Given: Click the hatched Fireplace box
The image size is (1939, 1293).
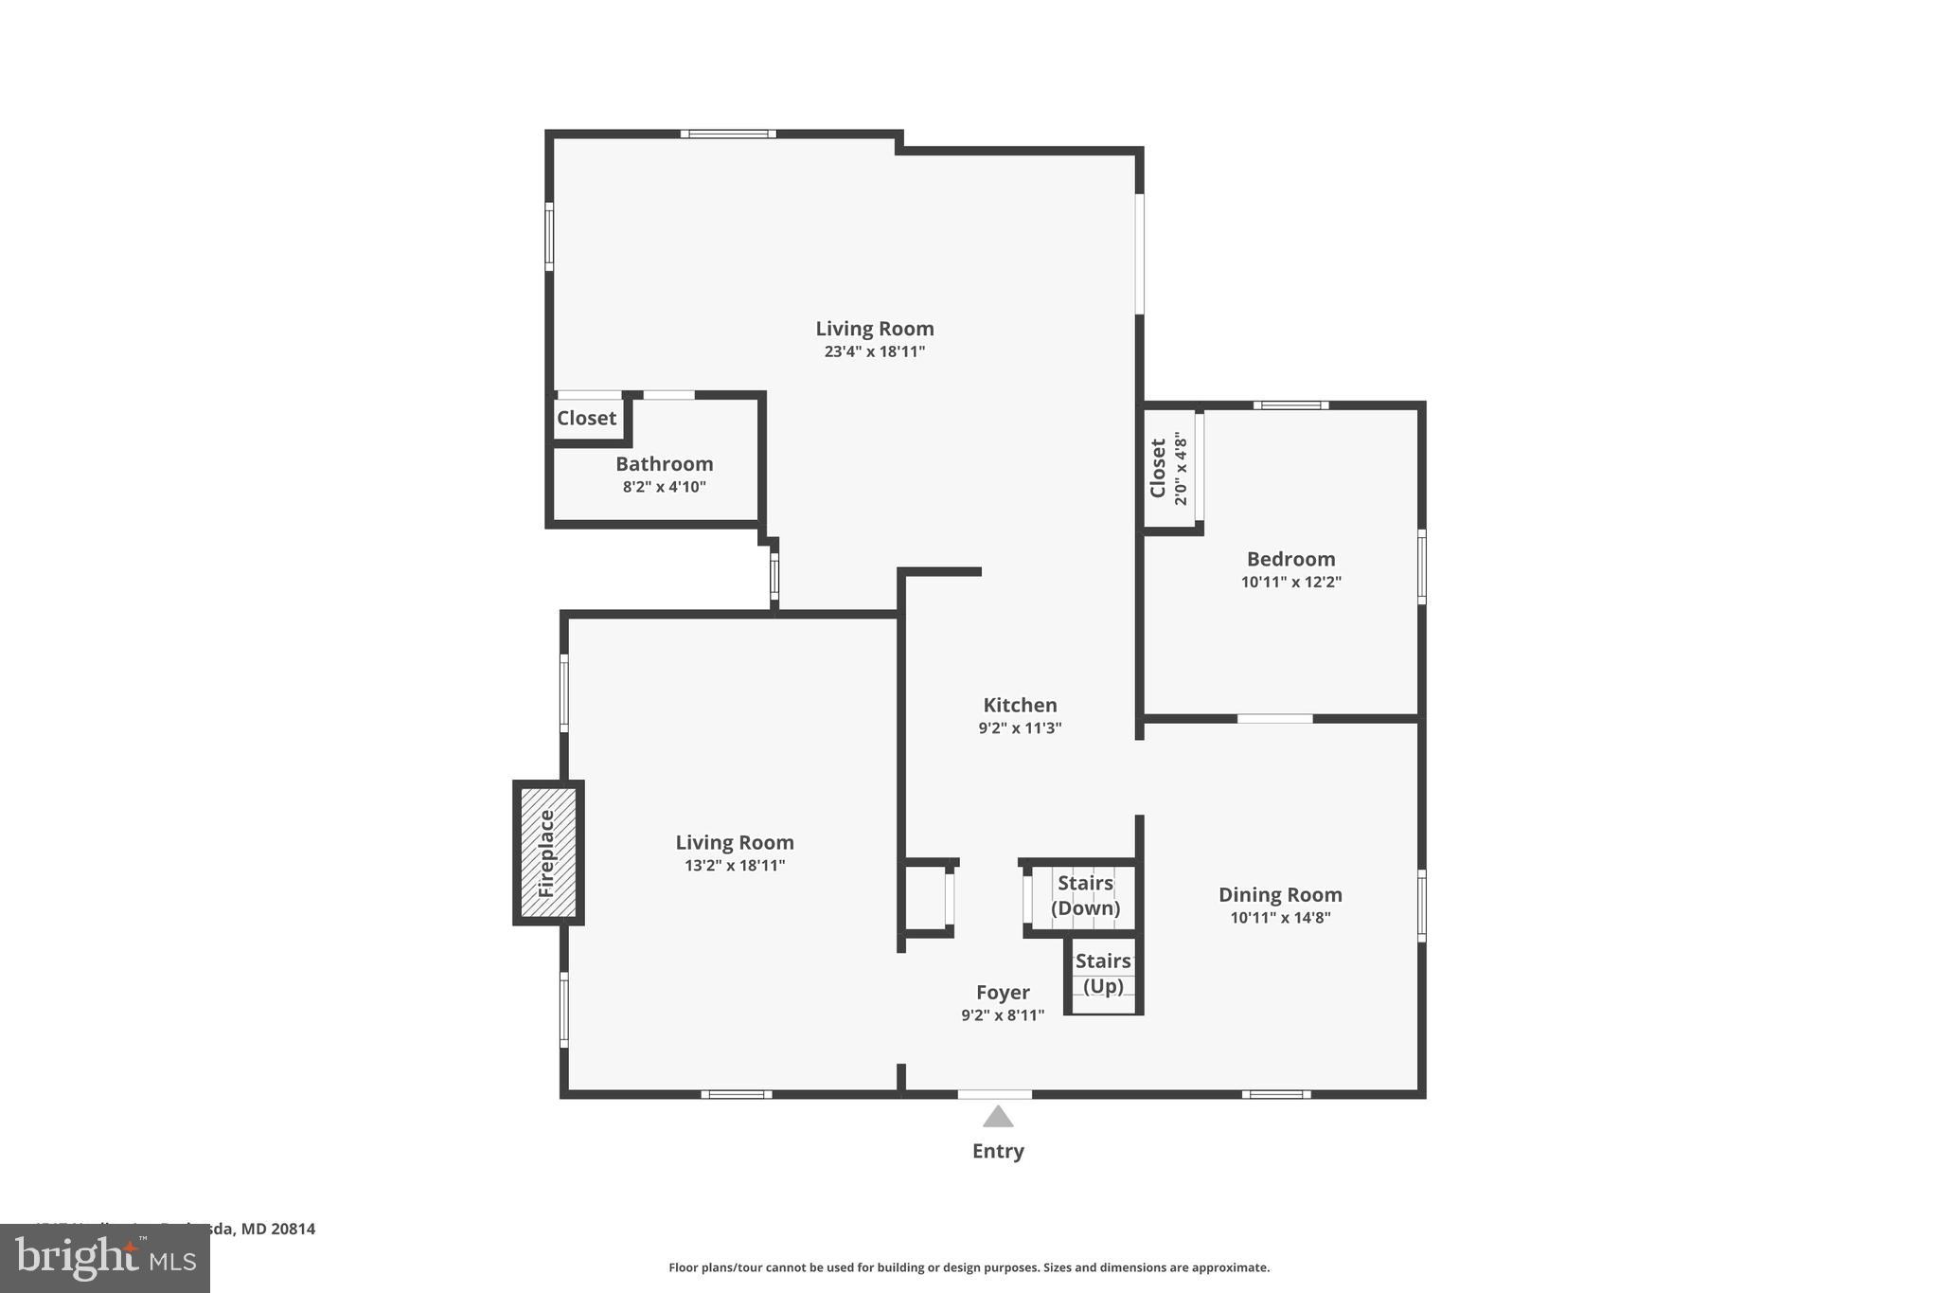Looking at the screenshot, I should [x=548, y=853].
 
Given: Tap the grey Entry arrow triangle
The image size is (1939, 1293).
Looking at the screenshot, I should [x=998, y=1118].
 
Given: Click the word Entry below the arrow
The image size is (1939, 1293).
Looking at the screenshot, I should [x=998, y=1151].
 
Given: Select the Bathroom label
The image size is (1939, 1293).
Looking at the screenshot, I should [x=664, y=463].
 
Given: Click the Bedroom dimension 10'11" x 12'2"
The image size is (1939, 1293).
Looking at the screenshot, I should [x=1290, y=582].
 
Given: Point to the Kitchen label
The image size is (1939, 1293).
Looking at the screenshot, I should [x=1020, y=705].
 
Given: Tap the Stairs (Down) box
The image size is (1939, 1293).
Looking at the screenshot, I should [x=1085, y=895].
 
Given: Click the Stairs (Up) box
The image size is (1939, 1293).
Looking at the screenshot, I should [x=1103, y=974].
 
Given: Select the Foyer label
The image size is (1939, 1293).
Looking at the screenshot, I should [x=1003, y=992].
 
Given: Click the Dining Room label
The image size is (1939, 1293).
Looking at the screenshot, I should [x=1280, y=894].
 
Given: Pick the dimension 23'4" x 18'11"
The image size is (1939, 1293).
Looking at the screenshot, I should [x=874, y=351].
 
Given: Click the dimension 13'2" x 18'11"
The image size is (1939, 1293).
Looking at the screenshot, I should [x=735, y=865].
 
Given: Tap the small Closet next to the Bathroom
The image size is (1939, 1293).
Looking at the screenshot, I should [x=586, y=418].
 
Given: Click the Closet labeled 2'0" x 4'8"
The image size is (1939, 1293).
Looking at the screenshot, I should [x=1168, y=468].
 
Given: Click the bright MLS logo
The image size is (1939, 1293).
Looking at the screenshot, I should [x=104, y=1258].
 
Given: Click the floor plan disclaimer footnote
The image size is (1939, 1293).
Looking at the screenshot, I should [x=969, y=1267].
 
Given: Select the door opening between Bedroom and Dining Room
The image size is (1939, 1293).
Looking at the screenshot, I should [x=1274, y=718].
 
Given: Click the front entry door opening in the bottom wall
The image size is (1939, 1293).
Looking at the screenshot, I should [x=994, y=1094].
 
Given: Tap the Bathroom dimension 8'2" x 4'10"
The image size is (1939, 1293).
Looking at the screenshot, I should [x=664, y=487].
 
